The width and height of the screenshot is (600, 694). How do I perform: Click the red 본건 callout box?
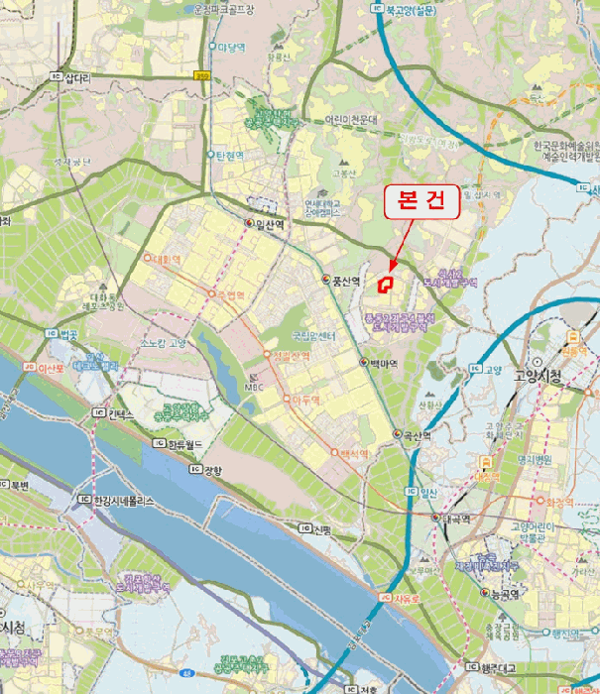point(421,202)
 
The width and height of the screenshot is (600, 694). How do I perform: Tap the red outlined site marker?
point(387,283)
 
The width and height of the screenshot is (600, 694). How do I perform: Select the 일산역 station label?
point(269,224)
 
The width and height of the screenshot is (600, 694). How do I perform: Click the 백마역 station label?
point(383,364)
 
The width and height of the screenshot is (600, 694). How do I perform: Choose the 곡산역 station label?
point(415,435)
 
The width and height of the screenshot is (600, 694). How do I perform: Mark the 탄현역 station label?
point(230,157)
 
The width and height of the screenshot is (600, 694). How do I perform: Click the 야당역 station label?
point(230,47)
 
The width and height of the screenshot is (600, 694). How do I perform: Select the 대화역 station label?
point(173,261)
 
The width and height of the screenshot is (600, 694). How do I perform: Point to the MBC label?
point(255,387)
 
